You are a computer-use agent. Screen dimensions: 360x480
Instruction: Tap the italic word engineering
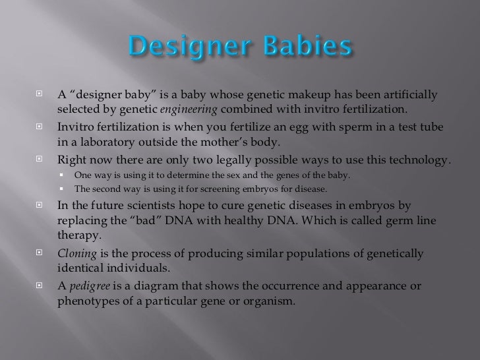187,109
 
